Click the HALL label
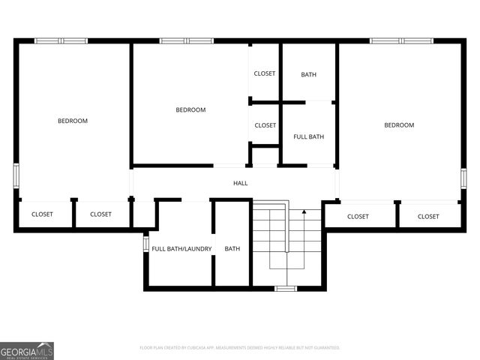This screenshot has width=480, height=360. pyautogui.click(x=240, y=183)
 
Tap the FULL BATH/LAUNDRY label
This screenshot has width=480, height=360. pyautogui.click(x=181, y=249)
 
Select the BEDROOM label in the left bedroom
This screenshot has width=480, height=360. pyautogui.click(x=73, y=121)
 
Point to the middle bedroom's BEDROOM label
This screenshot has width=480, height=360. pyautogui.click(x=190, y=110)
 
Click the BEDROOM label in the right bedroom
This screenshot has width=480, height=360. pyautogui.click(x=399, y=125)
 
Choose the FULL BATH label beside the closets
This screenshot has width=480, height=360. pyautogui.click(x=308, y=136)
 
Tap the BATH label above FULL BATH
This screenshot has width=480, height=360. pyautogui.click(x=308, y=74)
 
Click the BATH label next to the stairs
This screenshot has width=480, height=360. pyautogui.click(x=232, y=249)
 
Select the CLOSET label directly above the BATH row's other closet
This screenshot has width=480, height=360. pyautogui.click(x=264, y=73)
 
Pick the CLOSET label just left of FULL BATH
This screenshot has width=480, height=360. pyautogui.click(x=265, y=125)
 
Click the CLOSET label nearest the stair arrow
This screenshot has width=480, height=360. pyautogui.click(x=358, y=217)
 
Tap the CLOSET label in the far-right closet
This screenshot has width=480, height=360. pyautogui.click(x=428, y=217)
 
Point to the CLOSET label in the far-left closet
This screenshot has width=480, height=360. pyautogui.click(x=42, y=214)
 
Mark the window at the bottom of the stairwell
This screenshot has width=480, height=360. pyautogui.click(x=286, y=288)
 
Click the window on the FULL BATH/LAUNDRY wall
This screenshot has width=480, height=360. pyautogui.click(x=146, y=244)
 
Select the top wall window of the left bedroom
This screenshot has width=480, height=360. pyautogui.click(x=61, y=40)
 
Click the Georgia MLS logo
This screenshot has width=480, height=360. pyautogui.click(x=27, y=350)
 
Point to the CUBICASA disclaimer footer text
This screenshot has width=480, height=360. pyautogui.click(x=240, y=348)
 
